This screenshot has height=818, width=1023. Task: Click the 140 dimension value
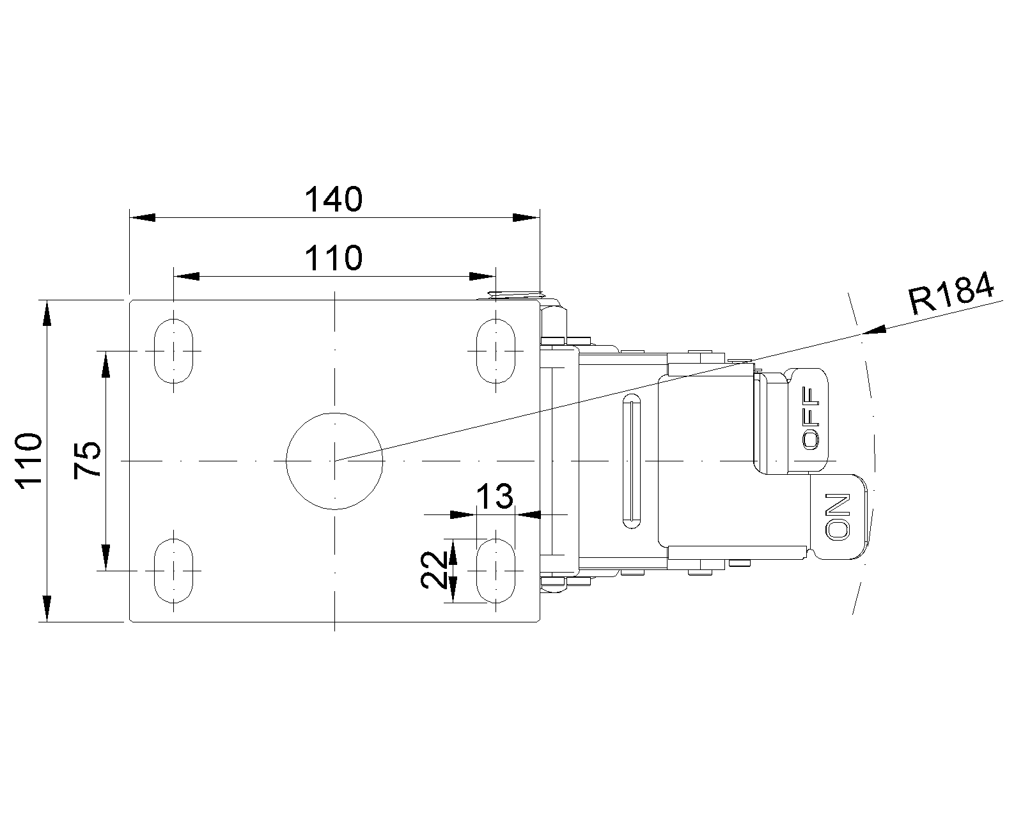click(333, 199)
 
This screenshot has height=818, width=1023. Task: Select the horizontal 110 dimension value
click(333, 258)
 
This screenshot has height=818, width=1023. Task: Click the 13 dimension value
click(496, 497)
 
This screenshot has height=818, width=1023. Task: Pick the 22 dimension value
click(435, 570)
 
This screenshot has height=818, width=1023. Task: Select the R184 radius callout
click(951, 293)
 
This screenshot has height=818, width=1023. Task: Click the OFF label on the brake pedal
click(811, 419)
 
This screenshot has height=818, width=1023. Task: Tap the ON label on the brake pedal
click(838, 517)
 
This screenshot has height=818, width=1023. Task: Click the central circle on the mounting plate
click(334, 461)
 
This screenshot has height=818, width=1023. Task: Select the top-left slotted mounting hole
click(174, 350)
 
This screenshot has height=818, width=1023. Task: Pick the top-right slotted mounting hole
click(496, 350)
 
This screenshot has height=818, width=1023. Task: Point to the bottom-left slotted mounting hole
click(174, 570)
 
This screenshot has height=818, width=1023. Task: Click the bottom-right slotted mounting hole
click(496, 570)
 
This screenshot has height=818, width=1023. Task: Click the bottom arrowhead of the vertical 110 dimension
click(47, 608)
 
